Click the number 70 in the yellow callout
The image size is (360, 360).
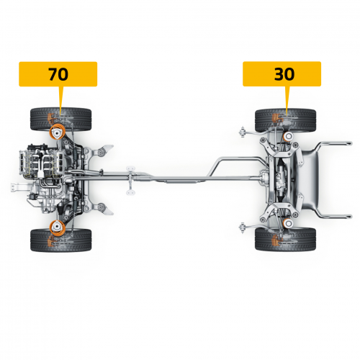58,74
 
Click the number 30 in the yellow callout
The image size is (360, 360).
284,74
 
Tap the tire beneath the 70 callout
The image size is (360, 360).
61,120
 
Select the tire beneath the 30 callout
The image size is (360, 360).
285,120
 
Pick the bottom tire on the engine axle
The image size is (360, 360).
61,240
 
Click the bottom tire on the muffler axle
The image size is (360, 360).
285,240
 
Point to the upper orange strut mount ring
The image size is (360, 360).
58,132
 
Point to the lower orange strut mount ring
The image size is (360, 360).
58,228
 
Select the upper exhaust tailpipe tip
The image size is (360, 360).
336,143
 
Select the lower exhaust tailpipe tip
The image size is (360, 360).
336,217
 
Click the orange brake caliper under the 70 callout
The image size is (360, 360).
50,118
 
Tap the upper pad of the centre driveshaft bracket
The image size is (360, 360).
131,168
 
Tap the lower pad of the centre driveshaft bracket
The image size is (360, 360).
131,192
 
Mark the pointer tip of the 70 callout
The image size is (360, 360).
60,116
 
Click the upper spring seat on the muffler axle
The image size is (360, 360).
288,136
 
